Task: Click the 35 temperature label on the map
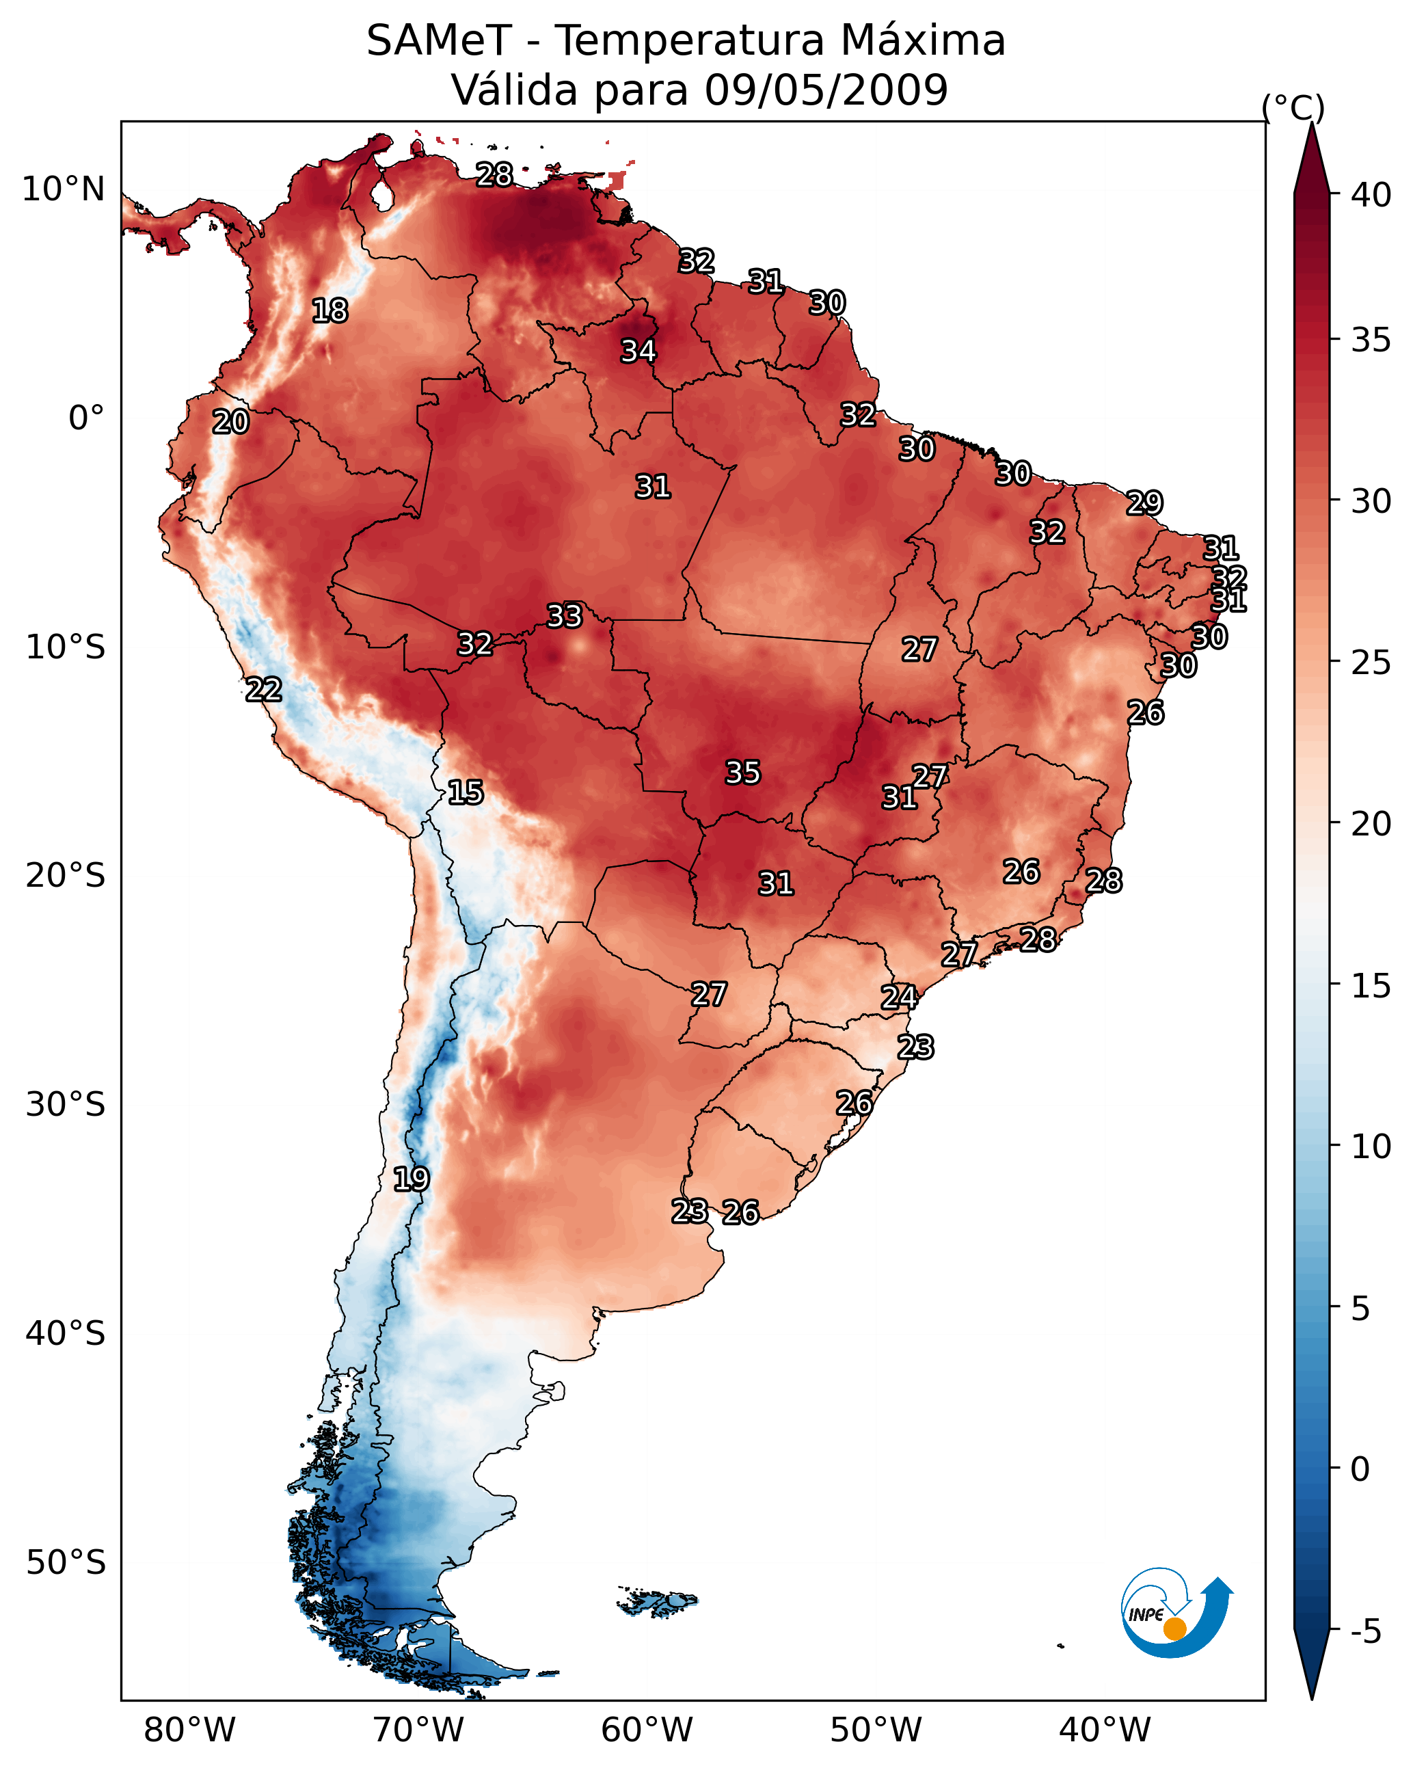coord(743,773)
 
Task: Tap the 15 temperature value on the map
coord(466,792)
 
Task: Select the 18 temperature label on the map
coord(329,311)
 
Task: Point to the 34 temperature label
coord(638,351)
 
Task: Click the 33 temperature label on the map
coord(564,616)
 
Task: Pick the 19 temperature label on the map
coord(411,1179)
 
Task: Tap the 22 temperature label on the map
coord(264,690)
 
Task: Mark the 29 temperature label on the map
coord(1144,503)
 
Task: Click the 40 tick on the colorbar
coord(1371,195)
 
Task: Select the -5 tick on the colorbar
coord(1367,1632)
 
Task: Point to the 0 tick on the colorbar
coord(1360,1469)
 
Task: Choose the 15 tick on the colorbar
coord(1371,986)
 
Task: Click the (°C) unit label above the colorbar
coord(1293,107)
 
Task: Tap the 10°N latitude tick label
coord(63,189)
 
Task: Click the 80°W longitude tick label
coord(189,1730)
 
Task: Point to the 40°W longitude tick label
coord(1105,1730)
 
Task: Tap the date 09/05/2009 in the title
coord(826,90)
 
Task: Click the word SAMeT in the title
coord(440,41)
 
